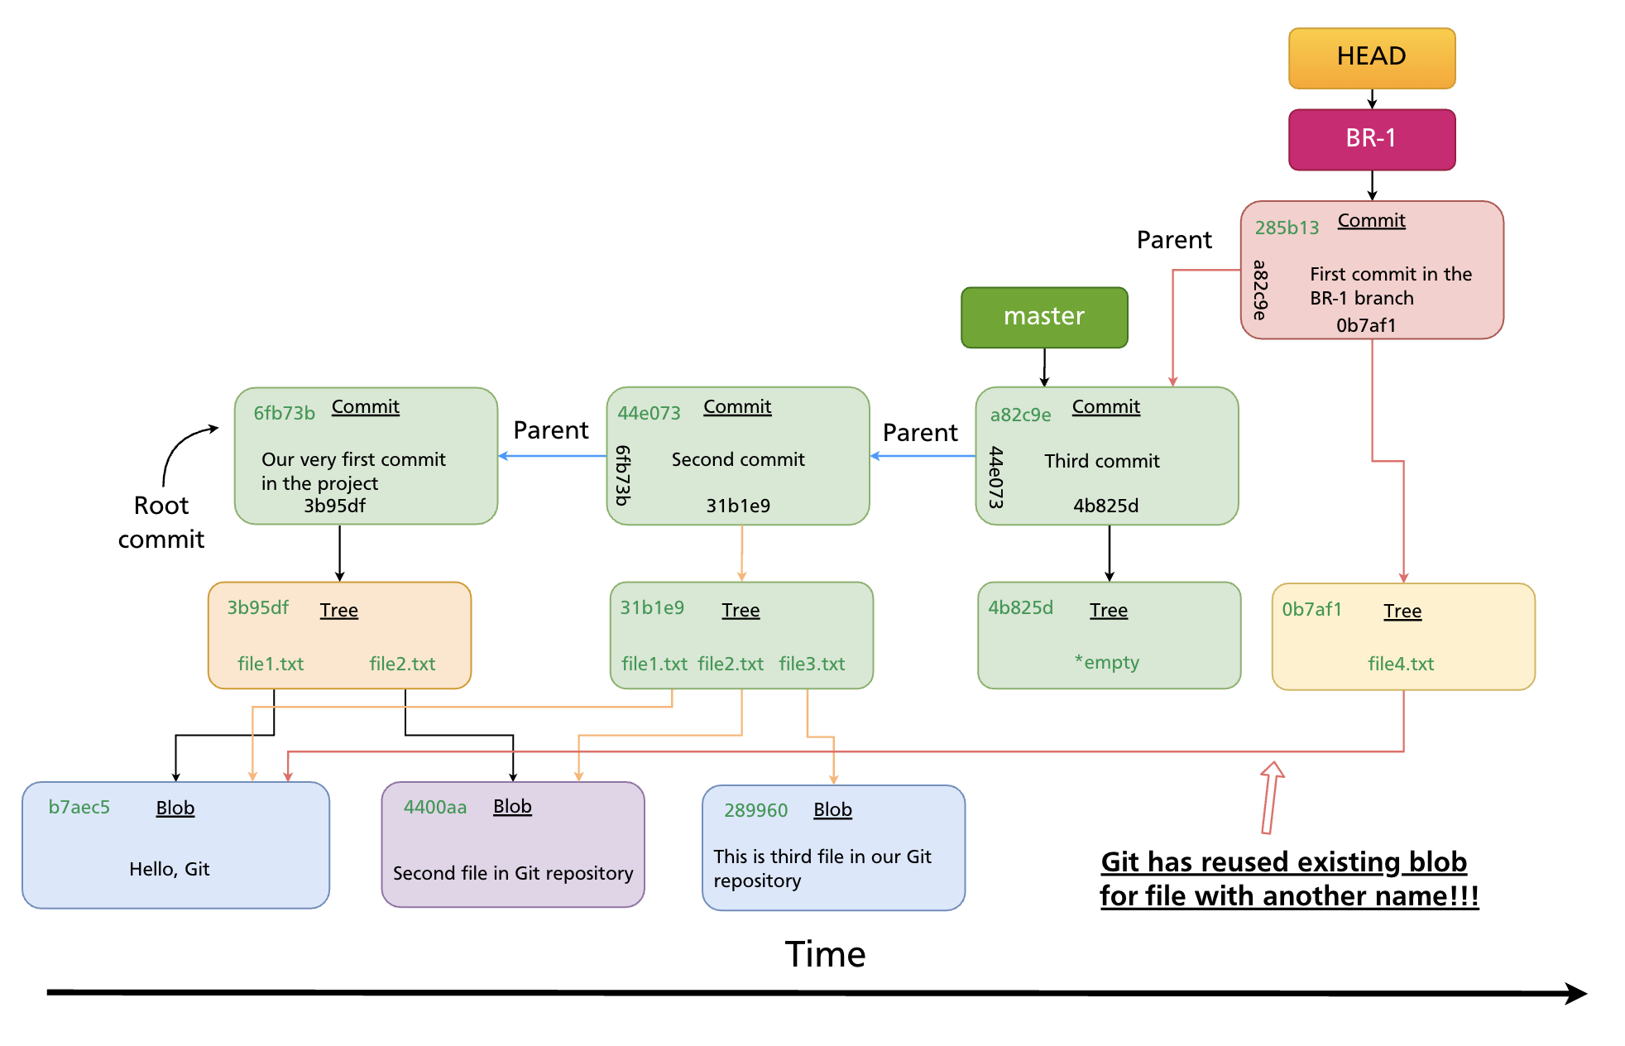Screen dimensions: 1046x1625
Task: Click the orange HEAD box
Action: pos(1371,58)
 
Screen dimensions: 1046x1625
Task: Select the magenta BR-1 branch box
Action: pos(1371,139)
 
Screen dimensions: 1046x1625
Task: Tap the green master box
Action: pos(1043,317)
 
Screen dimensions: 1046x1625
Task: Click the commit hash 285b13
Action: pos(1286,228)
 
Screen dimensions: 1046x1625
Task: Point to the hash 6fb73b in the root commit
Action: pos(284,413)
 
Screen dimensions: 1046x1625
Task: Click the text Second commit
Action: pos(737,459)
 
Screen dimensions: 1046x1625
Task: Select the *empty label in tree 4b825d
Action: pos(1106,662)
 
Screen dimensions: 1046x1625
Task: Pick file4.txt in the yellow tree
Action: pos(1400,664)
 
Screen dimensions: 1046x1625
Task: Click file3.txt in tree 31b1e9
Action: pos(811,664)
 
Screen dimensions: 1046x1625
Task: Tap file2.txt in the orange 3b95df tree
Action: pos(402,664)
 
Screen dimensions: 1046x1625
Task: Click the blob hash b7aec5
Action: pos(79,807)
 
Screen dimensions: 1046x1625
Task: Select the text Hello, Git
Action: pos(169,869)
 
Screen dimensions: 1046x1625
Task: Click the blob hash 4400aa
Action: pos(434,807)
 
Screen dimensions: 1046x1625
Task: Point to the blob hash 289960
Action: pos(755,810)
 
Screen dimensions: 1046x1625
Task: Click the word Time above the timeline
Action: pos(824,954)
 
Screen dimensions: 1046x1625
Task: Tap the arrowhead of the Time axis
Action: pos(1575,993)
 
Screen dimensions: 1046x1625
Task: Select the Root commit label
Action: pos(161,522)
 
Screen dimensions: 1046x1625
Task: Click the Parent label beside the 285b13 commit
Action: pos(1173,240)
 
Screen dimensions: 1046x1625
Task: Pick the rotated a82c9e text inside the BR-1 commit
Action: pos(1259,290)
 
